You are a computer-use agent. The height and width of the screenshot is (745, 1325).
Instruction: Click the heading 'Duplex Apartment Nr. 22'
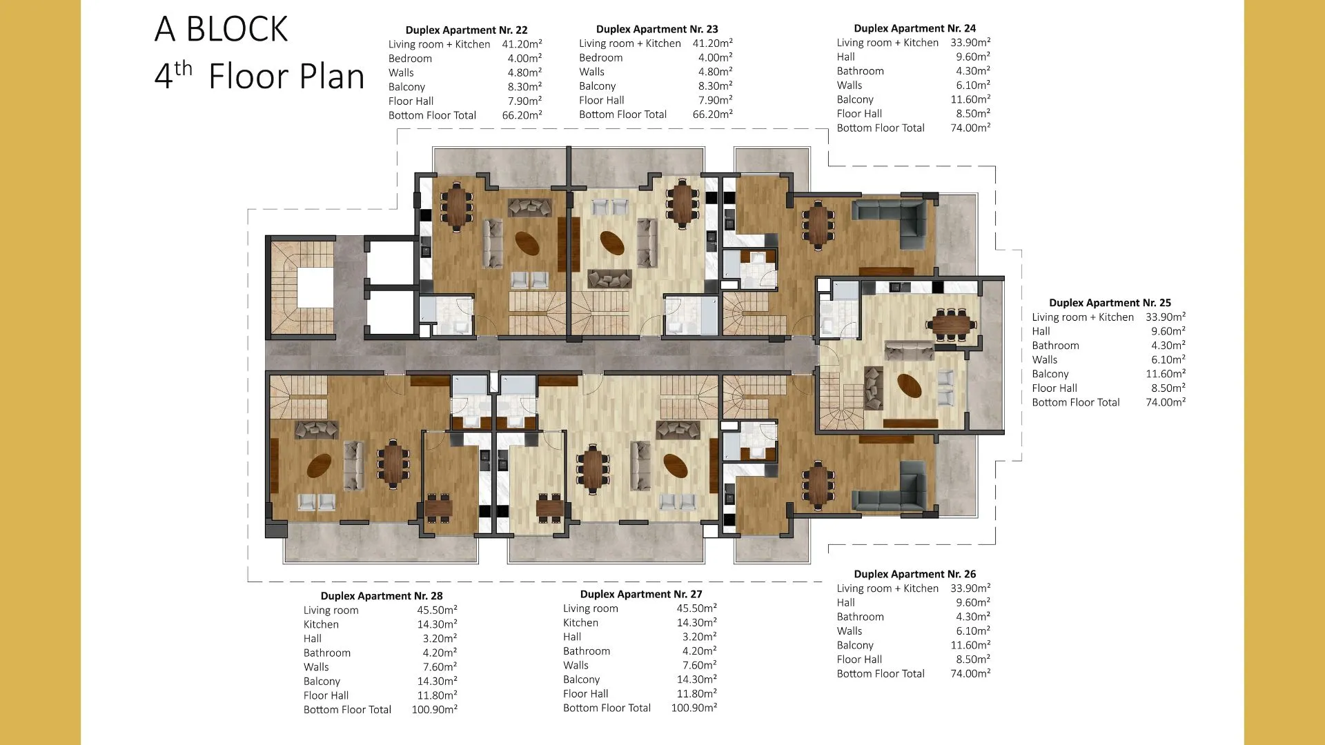coord(467,30)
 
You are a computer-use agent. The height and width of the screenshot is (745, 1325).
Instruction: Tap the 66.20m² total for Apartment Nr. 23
coord(713,114)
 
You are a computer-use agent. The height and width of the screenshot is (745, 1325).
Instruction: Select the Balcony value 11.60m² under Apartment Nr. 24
coord(970,99)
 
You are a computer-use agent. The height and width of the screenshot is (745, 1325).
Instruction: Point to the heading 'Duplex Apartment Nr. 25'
coord(1110,302)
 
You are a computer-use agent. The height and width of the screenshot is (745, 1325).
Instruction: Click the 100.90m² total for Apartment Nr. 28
coord(435,709)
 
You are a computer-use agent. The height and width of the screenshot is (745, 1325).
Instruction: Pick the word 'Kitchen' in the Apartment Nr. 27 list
coord(580,622)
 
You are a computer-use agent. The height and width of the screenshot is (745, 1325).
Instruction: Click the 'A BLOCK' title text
coord(221,29)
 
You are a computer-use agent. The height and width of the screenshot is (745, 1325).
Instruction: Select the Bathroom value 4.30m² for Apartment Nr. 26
coord(973,617)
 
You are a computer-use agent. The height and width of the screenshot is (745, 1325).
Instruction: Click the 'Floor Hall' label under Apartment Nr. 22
coord(411,101)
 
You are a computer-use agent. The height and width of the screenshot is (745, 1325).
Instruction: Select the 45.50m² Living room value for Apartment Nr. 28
coord(437,610)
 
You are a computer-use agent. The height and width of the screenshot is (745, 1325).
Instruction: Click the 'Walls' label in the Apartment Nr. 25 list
coord(1044,359)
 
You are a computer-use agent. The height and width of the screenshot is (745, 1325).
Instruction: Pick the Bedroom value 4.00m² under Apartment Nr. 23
coord(716,57)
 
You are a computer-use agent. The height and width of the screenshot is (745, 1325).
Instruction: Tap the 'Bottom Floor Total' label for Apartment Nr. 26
coord(881,673)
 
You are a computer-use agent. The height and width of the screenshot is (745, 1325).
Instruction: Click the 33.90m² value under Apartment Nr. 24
coord(970,42)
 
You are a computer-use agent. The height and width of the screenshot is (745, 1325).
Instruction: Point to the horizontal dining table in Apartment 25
coord(952,323)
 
